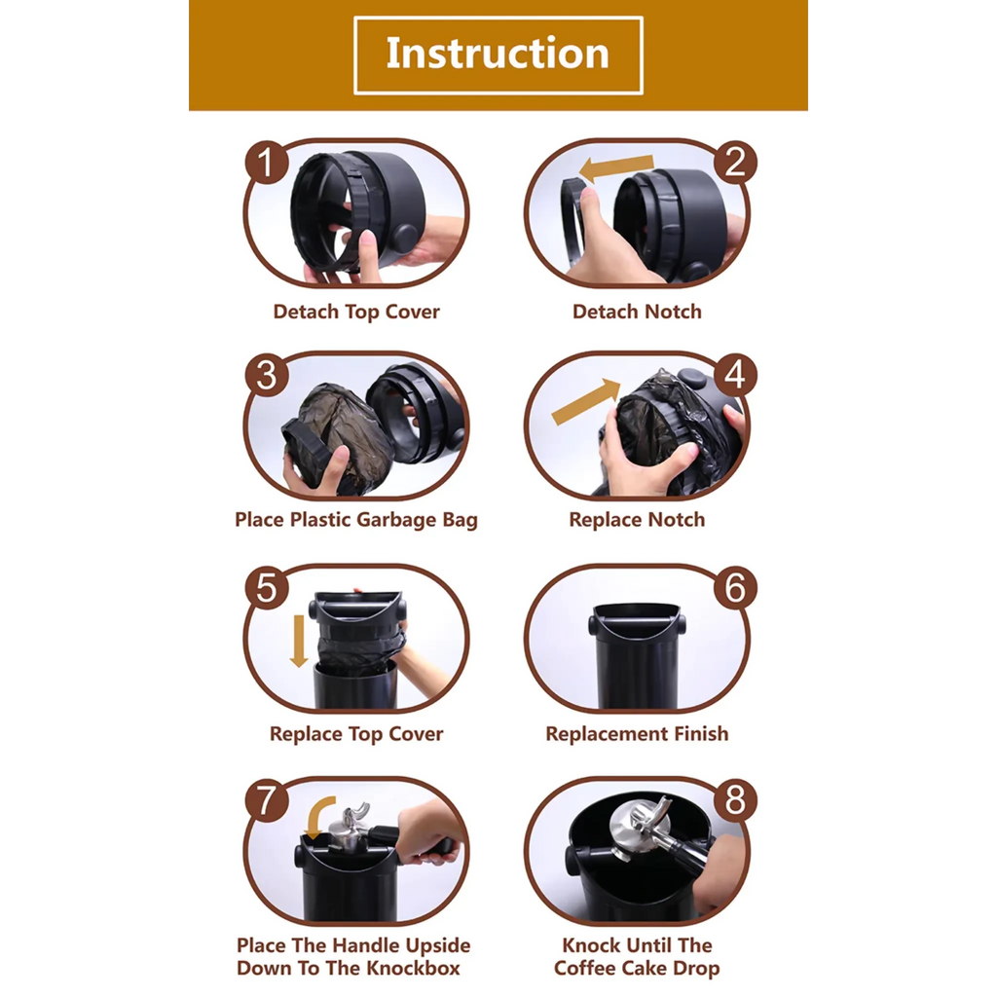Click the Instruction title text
498,53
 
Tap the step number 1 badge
267,163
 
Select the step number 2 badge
735,163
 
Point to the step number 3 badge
267,375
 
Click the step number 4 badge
735,375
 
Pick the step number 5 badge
267,587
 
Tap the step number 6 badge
735,587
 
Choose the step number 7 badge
267,800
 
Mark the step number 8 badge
735,800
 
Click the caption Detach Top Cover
356,312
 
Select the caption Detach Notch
637,312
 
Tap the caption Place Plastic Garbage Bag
356,520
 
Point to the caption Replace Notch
637,520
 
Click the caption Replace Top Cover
356,734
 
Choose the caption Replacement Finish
637,734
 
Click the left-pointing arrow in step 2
615,169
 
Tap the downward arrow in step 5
299,641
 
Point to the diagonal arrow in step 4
586,401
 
